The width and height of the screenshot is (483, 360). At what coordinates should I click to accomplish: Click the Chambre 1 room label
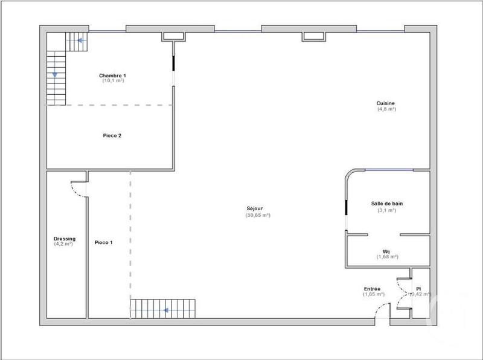click(x=113, y=76)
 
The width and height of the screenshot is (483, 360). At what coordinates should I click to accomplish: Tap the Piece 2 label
click(x=112, y=136)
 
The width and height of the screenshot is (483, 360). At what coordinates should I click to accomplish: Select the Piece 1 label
click(x=103, y=242)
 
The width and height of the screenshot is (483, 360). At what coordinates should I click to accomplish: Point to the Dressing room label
click(x=65, y=239)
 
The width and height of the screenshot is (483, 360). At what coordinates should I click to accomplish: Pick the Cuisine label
click(x=386, y=103)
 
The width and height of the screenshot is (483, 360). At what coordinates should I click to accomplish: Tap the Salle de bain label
click(x=387, y=204)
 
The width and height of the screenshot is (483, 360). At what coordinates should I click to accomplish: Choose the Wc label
click(x=387, y=251)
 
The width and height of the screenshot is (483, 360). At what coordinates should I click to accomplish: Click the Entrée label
click(x=373, y=289)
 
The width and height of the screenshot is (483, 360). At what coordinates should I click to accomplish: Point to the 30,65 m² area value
click(x=258, y=216)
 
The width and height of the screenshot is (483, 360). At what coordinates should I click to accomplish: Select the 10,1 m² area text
click(x=113, y=81)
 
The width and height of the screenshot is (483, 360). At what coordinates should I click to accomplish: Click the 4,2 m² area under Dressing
click(x=63, y=244)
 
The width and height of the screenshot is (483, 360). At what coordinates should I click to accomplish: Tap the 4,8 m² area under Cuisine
click(x=386, y=109)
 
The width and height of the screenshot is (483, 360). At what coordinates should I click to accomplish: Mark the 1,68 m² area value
click(x=387, y=257)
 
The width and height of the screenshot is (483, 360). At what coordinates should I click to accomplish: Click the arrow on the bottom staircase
click(x=165, y=310)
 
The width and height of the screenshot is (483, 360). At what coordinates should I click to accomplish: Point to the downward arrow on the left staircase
click(x=55, y=74)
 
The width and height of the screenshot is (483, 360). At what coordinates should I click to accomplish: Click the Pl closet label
click(x=418, y=289)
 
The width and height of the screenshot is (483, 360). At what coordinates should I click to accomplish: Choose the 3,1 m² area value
click(x=387, y=210)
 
